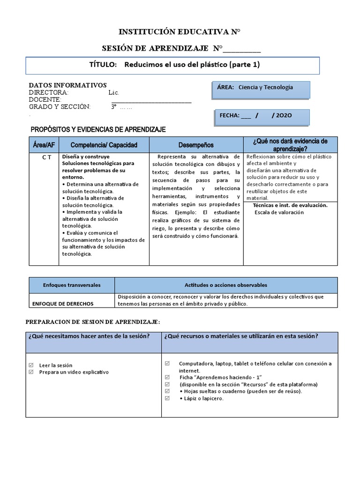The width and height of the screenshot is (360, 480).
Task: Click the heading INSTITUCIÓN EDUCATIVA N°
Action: click(x=180, y=32)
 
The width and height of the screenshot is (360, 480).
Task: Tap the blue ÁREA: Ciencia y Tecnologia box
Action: click(x=261, y=90)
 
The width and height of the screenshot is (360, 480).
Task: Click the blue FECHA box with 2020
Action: click(x=262, y=117)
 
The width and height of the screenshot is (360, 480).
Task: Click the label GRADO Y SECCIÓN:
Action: click(x=59, y=107)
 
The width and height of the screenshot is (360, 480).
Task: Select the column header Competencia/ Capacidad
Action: click(x=104, y=145)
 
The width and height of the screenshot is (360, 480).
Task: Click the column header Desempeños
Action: click(x=195, y=145)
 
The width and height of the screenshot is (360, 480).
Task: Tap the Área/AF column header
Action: click(x=44, y=145)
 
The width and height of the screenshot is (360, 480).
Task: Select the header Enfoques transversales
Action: click(x=72, y=285)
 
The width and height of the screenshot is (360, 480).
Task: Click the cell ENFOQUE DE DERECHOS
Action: click(x=63, y=304)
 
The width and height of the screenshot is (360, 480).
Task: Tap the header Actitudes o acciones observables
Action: click(x=226, y=285)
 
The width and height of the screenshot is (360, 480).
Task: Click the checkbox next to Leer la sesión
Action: click(x=31, y=365)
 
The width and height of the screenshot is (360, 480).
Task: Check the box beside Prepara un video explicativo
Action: click(x=31, y=372)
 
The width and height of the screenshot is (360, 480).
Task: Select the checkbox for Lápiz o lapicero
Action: click(x=168, y=398)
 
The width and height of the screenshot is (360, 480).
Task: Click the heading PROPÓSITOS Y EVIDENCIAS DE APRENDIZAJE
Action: click(x=98, y=129)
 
